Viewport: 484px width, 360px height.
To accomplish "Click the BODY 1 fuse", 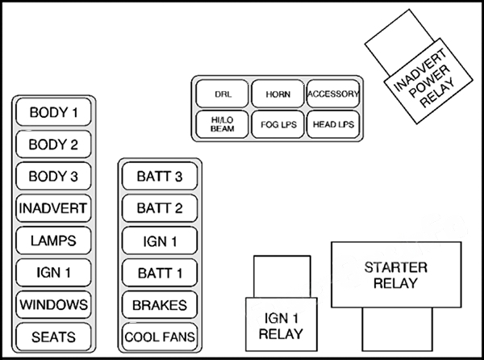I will click(x=53, y=112).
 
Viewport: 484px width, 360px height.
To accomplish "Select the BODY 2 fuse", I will click(x=53, y=144).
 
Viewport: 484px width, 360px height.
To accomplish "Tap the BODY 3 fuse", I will click(x=53, y=176).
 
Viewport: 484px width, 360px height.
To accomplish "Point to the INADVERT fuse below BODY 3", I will click(x=53, y=208).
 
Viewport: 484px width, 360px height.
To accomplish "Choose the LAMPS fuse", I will click(x=53, y=240).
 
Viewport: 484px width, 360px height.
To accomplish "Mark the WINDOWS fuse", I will click(x=53, y=304).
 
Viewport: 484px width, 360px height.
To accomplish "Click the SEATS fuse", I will click(x=53, y=336).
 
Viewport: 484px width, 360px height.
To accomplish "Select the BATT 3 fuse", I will click(x=160, y=176).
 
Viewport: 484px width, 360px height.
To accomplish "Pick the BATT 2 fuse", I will click(x=160, y=208).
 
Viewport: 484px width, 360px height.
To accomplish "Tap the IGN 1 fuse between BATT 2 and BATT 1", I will click(x=160, y=240).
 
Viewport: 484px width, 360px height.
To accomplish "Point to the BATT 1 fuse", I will click(x=160, y=272).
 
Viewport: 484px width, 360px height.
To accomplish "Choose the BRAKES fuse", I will click(x=160, y=304).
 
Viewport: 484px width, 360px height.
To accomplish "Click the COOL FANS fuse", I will click(x=160, y=336).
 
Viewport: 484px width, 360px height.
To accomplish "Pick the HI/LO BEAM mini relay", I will click(x=223, y=124).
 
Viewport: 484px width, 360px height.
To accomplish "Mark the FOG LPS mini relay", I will click(x=277, y=124).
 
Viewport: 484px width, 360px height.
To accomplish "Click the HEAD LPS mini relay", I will click(x=332, y=124).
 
